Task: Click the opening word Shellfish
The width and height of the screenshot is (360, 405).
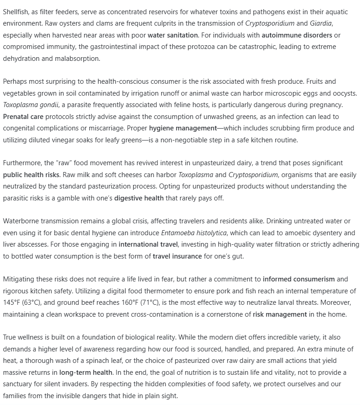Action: pos(16,11)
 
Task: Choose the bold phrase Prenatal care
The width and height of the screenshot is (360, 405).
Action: pos(23,117)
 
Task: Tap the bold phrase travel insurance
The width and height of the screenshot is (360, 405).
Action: pos(177,256)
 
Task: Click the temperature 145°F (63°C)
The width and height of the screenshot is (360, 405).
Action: pos(22,302)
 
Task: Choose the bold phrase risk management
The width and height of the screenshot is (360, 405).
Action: pos(279,314)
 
